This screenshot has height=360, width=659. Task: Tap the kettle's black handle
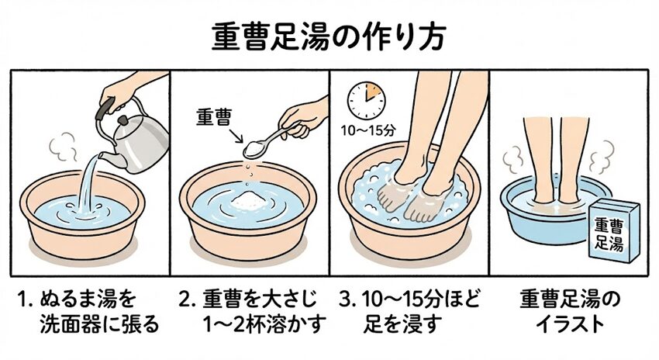click(x=105, y=109)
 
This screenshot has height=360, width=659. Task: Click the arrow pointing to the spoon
click(x=236, y=136)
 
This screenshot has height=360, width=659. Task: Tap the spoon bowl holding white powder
click(x=255, y=148)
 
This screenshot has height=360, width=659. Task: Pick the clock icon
click(x=366, y=101)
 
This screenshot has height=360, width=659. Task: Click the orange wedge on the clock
click(x=373, y=92)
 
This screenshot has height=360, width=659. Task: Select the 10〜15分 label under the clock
click(x=368, y=131)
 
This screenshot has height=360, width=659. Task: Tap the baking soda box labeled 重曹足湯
click(x=613, y=231)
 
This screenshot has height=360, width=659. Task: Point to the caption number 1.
click(x=22, y=299)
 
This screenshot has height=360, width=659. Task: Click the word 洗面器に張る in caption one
click(x=99, y=324)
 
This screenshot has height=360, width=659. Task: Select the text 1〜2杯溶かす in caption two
click(x=264, y=324)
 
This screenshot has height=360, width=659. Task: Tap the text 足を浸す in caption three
click(x=402, y=324)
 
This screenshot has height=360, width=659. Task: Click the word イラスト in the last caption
click(x=571, y=324)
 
